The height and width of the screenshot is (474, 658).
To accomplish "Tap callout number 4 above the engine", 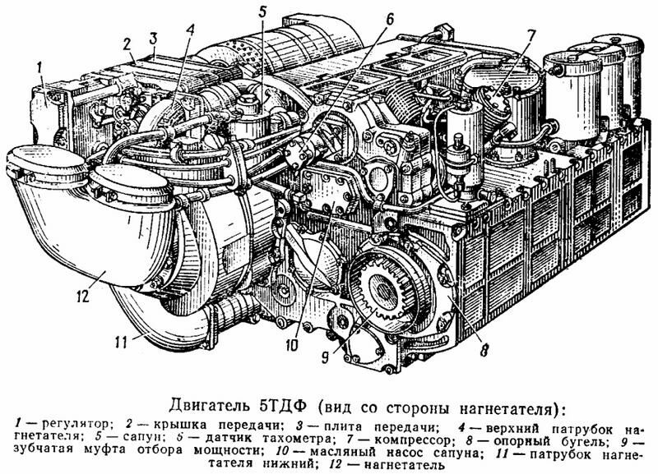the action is pyautogui.click(x=191, y=30).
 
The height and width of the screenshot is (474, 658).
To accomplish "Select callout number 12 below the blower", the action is pyautogui.click(x=83, y=296).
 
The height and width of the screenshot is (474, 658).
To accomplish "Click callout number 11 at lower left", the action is pyautogui.click(x=120, y=343).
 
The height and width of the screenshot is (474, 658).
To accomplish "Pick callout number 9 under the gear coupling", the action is pyautogui.click(x=324, y=357).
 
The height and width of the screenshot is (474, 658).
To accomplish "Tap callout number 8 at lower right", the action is pyautogui.click(x=484, y=349).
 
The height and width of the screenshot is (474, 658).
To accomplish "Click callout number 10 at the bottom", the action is pyautogui.click(x=292, y=345).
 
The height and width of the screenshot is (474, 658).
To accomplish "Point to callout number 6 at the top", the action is pyautogui.click(x=389, y=20).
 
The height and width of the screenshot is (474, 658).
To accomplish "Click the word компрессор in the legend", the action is pyautogui.click(x=413, y=440).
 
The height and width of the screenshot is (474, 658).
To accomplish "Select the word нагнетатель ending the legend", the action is pyautogui.click(x=404, y=465).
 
